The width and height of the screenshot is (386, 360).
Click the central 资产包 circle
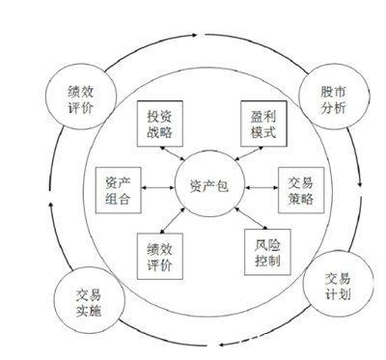pyautogui.click(x=209, y=186)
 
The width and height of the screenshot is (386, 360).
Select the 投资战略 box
pyautogui.click(x=160, y=124)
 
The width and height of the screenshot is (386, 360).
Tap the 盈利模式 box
pyautogui.click(x=263, y=124)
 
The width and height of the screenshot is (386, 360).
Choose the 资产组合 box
pyautogui.click(x=119, y=190)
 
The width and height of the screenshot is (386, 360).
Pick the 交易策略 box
pyautogui.click(x=301, y=190)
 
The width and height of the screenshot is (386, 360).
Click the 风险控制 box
pyautogui.click(x=267, y=252)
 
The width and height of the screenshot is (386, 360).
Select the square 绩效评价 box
pyautogui.click(x=160, y=257)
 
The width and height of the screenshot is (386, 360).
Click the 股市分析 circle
pyautogui.click(x=333, y=97)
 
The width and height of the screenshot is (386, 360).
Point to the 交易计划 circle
pyautogui.click(x=339, y=284)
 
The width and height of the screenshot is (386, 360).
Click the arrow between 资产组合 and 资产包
pyautogui.click(x=158, y=187)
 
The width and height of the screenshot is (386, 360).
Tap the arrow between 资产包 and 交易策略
pyautogui.click(x=262, y=187)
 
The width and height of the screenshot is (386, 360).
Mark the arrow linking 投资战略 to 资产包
pyautogui.click(x=173, y=153)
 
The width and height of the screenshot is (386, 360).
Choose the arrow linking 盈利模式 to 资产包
pyautogui.click(x=250, y=153)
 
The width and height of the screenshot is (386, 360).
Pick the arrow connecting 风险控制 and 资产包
pyautogui.click(x=251, y=218)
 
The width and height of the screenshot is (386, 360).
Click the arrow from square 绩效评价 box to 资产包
pyautogui.click(x=173, y=220)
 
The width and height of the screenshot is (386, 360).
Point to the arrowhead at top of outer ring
pyautogui.click(x=194, y=35)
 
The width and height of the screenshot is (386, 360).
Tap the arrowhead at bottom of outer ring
pyautogui.click(x=222, y=345)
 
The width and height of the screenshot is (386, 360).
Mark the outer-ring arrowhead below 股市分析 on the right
pyautogui.click(x=360, y=185)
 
